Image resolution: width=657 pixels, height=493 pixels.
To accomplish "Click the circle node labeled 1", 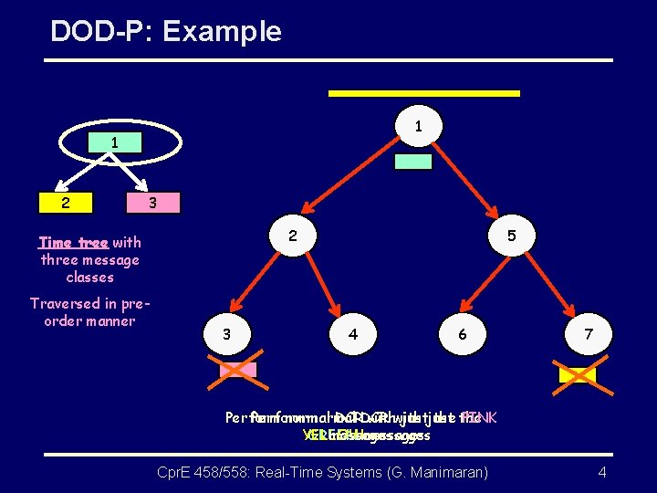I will click(417, 126).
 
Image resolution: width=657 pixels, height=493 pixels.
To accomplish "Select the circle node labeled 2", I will click(292, 236).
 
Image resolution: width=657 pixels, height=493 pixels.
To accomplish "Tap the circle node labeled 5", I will click(512, 236).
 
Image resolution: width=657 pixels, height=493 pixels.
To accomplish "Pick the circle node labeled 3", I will click(226, 334).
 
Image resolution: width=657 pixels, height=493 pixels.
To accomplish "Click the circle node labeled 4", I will click(353, 334).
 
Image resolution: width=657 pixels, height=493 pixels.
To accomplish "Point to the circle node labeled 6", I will click(463, 334).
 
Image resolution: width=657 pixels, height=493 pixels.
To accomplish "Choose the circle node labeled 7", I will click(589, 334).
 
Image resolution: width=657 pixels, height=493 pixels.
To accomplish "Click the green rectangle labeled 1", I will click(114, 143).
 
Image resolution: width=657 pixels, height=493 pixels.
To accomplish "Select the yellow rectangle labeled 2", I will click(64, 202).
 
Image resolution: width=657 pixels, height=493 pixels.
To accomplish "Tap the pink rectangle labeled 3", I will click(152, 202).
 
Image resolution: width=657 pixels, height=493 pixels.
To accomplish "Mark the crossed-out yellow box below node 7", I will click(577, 374).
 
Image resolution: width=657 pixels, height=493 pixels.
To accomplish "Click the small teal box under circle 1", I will click(412, 162).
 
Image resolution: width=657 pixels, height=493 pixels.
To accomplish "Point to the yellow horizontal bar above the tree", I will click(424, 93).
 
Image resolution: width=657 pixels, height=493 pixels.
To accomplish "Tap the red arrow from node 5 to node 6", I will click(487, 285).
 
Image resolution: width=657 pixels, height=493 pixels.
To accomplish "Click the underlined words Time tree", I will click(73, 243).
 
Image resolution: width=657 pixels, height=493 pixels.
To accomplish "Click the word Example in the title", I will click(222, 32).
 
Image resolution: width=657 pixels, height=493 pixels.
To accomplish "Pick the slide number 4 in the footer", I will click(602, 472).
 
